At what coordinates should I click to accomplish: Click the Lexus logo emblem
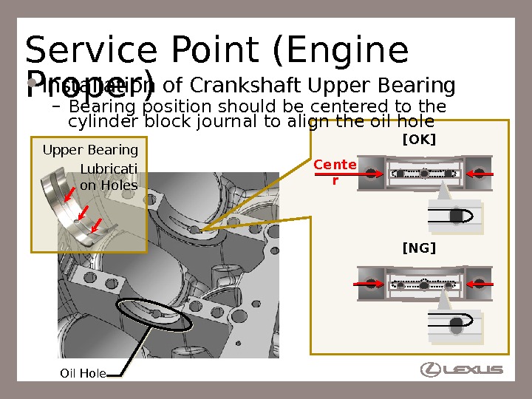[x=431, y=369]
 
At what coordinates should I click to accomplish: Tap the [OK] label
[x=418, y=140]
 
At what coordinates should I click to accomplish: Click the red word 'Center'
[x=335, y=171]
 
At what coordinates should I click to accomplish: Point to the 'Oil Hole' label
[x=83, y=374]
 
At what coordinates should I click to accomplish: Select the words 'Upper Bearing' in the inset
[x=90, y=151]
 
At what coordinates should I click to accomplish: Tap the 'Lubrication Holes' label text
[x=109, y=177]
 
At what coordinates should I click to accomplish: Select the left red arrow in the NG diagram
[x=366, y=283]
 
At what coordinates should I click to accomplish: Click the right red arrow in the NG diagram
[x=479, y=283]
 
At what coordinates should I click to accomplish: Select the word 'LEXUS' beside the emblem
[x=475, y=369]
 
